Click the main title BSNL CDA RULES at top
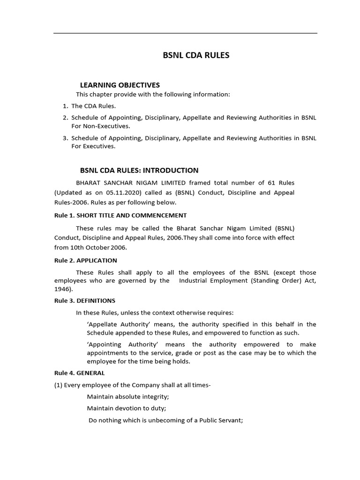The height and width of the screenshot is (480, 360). click(x=196, y=55)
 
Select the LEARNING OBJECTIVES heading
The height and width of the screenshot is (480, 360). click(x=120, y=85)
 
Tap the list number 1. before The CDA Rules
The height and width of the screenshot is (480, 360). click(x=66, y=106)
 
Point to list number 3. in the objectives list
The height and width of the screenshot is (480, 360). click(x=66, y=138)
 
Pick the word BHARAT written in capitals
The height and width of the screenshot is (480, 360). click(x=90, y=182)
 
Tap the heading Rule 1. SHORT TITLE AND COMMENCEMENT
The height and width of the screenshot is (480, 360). click(x=120, y=215)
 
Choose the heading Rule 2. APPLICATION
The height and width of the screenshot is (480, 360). click(x=86, y=260)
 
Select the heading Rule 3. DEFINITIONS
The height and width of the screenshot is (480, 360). click(x=85, y=300)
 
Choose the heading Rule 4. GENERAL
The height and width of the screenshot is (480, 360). click(x=80, y=373)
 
